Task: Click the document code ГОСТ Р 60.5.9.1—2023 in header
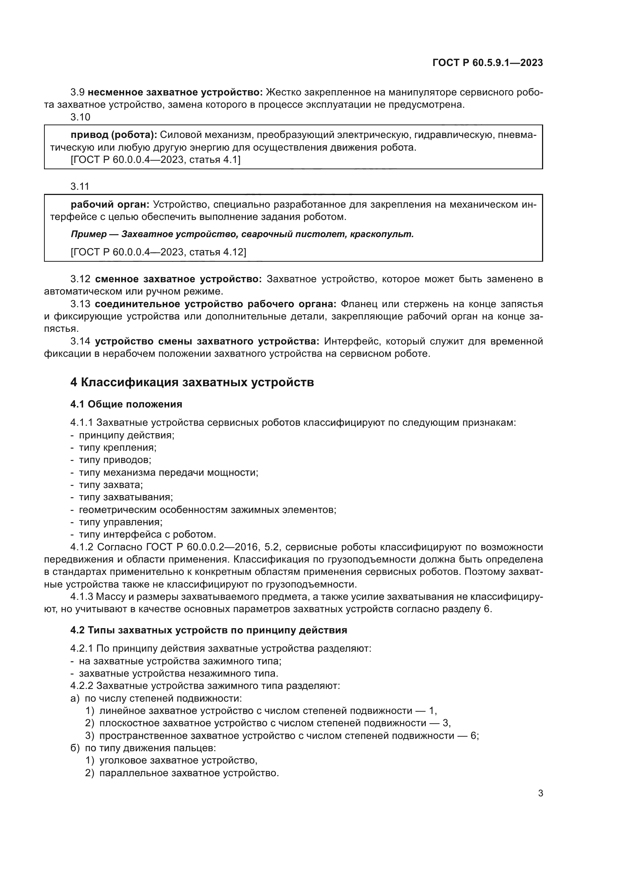pyautogui.click(x=488, y=63)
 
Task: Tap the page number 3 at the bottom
pyautogui.click(x=540, y=793)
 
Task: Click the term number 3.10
pyautogui.click(x=80, y=117)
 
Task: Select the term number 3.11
pyautogui.click(x=80, y=186)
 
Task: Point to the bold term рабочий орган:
pyautogui.click(x=110, y=205)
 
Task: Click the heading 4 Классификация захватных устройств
pyautogui.click(x=192, y=382)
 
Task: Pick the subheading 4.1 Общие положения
pyautogui.click(x=126, y=404)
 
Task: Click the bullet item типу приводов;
pyautogui.click(x=115, y=460)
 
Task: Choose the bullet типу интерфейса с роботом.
pyautogui.click(x=147, y=535)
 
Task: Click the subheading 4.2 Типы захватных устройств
pyautogui.click(x=209, y=630)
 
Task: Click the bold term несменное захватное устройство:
pyautogui.click(x=175, y=92)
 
